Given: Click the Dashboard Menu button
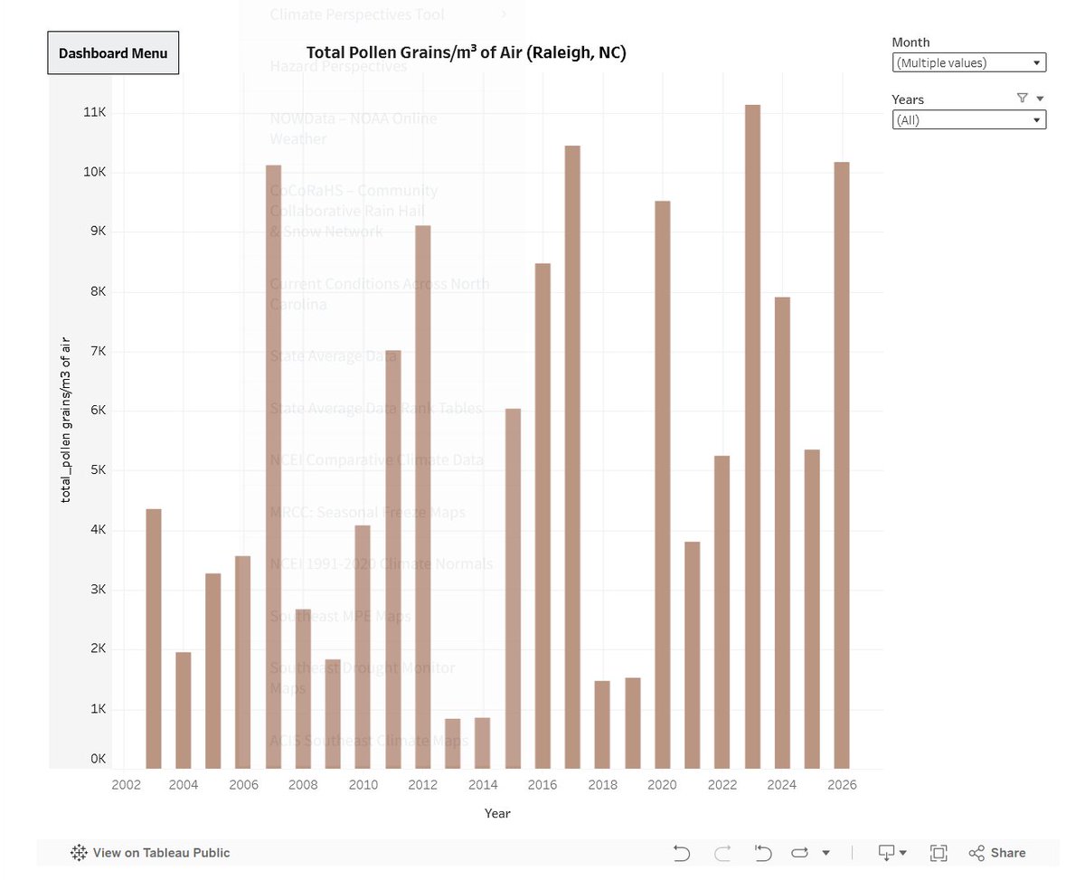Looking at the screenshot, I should pyautogui.click(x=113, y=52).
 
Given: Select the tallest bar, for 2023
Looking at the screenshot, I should pyautogui.click(x=752, y=434).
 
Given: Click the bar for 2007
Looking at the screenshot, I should pyautogui.click(x=273, y=466).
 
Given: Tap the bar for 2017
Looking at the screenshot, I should pyautogui.click(x=572, y=457).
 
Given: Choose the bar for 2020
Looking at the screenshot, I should pyautogui.click(x=663, y=484).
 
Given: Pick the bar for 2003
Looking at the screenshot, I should pyautogui.click(x=154, y=638).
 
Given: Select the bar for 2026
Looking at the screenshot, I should pyautogui.click(x=842, y=466).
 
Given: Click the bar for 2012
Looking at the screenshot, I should pyautogui.click(x=423, y=497).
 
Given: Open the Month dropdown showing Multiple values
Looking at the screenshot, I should pyautogui.click(x=968, y=62).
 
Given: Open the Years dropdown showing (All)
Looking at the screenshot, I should pyautogui.click(x=968, y=119).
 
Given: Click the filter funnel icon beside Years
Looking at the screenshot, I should pyautogui.click(x=1022, y=99).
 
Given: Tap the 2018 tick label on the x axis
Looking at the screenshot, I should pyautogui.click(x=603, y=785).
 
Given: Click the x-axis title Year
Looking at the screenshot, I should pyautogui.click(x=497, y=813).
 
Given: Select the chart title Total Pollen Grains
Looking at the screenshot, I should pyautogui.click(x=466, y=52).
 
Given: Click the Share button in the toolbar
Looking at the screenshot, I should pyautogui.click(x=997, y=853).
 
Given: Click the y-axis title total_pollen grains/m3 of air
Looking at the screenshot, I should pyautogui.click(x=65, y=421).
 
